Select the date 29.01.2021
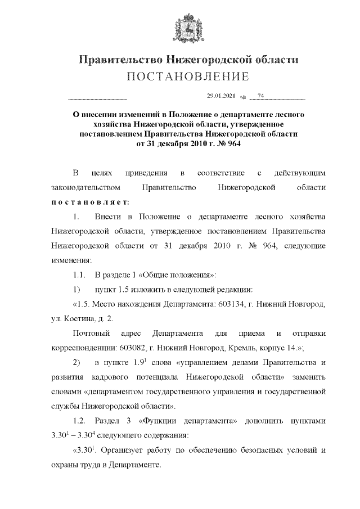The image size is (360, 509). [221, 96]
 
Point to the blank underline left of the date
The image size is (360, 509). [97, 99]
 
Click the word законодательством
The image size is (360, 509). [85, 187]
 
